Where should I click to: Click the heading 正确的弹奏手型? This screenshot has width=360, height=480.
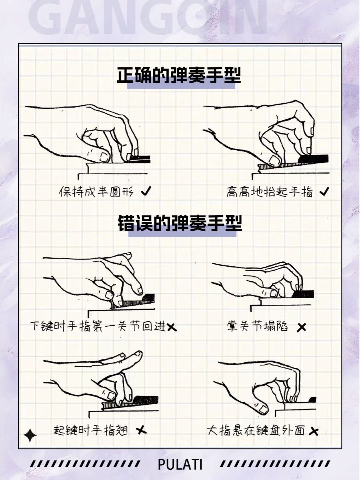coord(179,76)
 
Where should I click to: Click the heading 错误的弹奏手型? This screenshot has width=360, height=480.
coord(180,223)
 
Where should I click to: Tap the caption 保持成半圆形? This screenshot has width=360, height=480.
coord(96,192)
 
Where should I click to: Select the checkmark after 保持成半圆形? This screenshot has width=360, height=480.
coord(146,191)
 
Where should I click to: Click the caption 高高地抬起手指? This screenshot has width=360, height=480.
coord(269,192)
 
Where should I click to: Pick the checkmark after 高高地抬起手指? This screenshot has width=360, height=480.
coord(324,191)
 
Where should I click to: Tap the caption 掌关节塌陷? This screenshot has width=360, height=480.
coord(257,326)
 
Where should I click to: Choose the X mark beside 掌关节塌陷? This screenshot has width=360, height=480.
coord(301,327)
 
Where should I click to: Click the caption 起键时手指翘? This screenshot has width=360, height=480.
coord(91,430)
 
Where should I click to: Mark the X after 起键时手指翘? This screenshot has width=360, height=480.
coord(142,430)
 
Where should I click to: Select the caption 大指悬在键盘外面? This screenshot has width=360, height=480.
coord(256,430)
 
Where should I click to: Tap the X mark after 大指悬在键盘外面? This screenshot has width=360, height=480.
coord(313,432)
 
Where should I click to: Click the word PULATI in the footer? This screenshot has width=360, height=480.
coord(180,464)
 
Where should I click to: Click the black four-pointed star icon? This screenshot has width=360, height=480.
coord(30,436)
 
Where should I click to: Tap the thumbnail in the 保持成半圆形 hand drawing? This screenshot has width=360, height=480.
coord(104,157)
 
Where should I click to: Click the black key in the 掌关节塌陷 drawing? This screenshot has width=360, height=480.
coord(303,294)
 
